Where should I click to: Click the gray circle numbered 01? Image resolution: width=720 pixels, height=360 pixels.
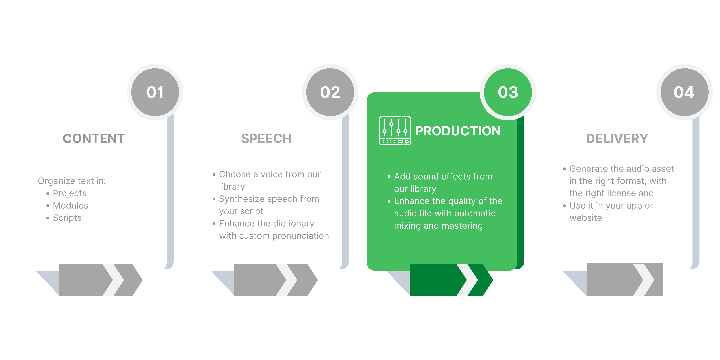pos(155,92)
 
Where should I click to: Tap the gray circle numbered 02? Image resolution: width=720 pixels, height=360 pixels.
pos(330,92)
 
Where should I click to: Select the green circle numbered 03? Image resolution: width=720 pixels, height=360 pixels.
pos(508,92)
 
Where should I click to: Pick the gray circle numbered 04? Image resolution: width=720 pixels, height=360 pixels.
pos(684,92)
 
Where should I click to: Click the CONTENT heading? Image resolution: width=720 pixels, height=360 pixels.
pos(94,139)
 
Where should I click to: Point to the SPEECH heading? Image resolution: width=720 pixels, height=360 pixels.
pos(266,139)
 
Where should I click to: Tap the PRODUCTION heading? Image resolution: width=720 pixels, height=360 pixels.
pos(458,131)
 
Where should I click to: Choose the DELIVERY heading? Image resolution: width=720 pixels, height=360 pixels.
pos(617,139)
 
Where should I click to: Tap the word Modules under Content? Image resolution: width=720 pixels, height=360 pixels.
pos(70,205)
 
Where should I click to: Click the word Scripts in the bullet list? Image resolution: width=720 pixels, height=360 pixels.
pos(67,218)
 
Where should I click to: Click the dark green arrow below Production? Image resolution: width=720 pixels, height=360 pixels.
pos(451,280)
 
